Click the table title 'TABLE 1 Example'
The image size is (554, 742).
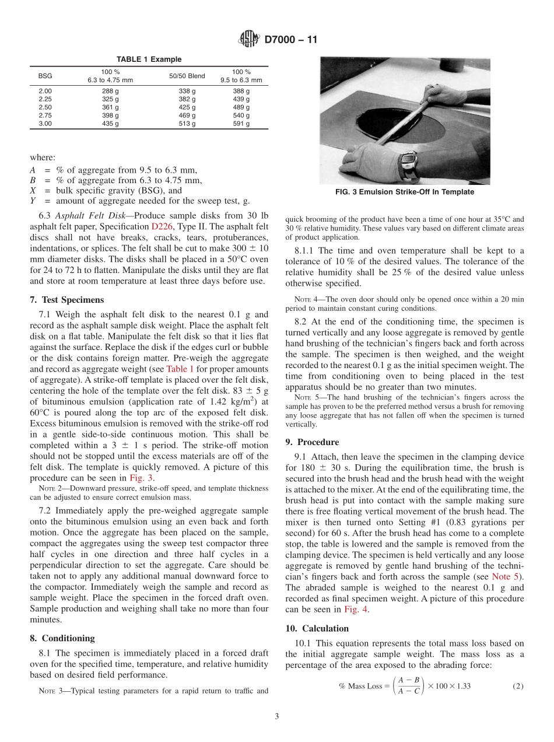click(149, 60)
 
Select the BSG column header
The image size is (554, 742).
click(45, 76)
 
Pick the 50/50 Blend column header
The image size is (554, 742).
click(187, 76)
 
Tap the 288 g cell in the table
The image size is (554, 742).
click(110, 92)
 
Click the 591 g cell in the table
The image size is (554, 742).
click(241, 124)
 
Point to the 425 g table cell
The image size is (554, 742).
click(187, 107)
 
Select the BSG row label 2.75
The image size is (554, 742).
click(45, 116)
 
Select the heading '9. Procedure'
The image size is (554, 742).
click(312, 442)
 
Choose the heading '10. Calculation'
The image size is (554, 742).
click(317, 628)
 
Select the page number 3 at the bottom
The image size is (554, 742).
click(276, 716)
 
